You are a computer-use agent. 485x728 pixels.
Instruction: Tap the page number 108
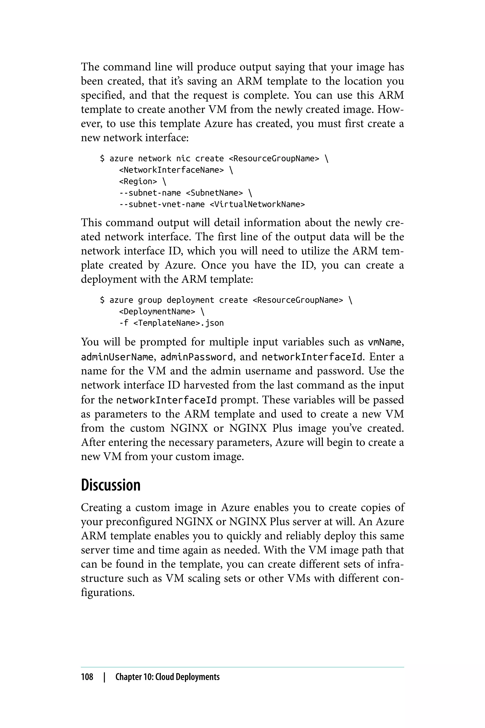[87, 677]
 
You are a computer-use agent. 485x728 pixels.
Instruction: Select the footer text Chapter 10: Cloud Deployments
[167, 677]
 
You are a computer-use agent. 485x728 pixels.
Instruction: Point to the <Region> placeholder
[138, 181]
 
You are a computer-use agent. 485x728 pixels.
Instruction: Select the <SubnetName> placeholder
[214, 193]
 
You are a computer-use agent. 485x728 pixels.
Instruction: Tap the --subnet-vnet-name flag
[162, 204]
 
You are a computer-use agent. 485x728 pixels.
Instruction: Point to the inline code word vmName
[385, 343]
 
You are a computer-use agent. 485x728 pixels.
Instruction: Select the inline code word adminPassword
[196, 357]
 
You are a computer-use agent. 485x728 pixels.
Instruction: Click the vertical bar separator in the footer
[104, 677]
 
